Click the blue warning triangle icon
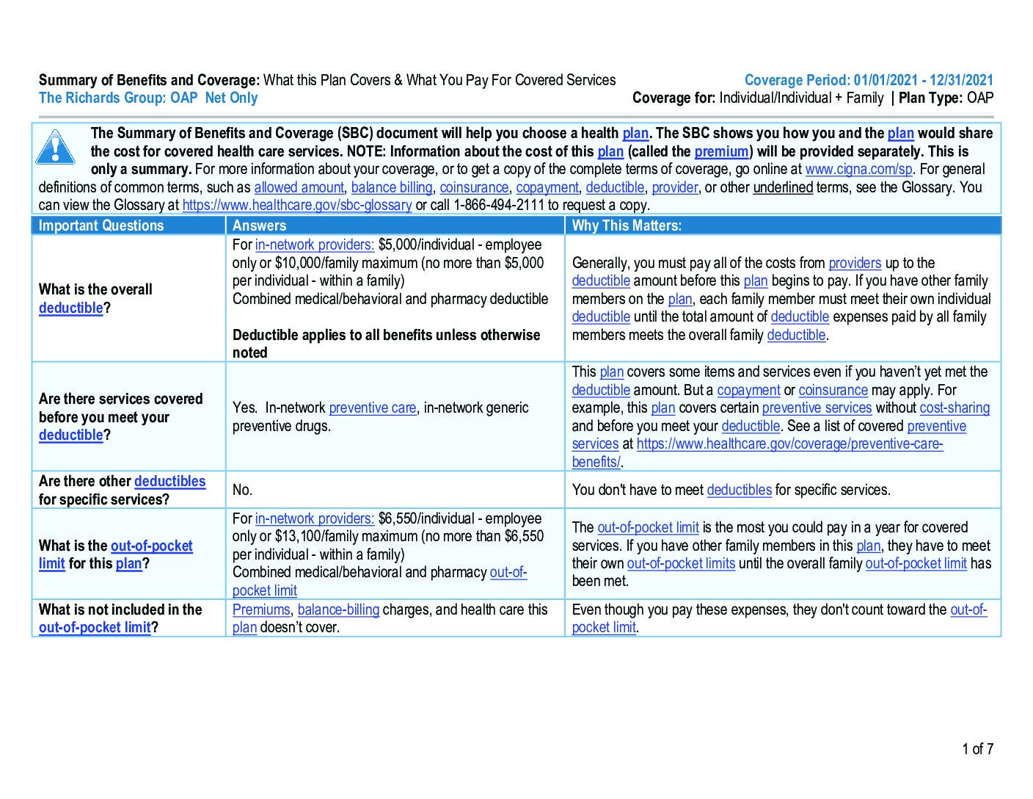coord(55,146)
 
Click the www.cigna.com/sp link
coord(858,170)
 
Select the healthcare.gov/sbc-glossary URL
coord(296,206)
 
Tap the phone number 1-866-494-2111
coord(499,206)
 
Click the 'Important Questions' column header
coord(101,225)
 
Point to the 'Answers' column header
coord(259,225)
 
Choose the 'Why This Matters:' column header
coord(627,225)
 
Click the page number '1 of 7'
coord(977,749)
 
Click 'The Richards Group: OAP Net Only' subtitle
coord(148,98)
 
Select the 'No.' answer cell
coord(242,490)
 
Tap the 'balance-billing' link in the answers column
coord(338,610)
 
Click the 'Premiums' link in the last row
coord(261,610)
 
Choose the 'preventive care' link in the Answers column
coord(372,408)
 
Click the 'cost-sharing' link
coord(954,408)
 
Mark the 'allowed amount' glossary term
coord(299,188)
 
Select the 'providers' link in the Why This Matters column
coord(855,263)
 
